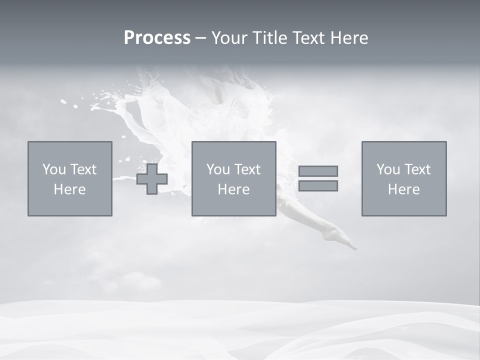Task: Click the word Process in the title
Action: coord(157,38)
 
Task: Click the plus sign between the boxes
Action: coord(152,178)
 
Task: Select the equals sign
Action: coord(318,178)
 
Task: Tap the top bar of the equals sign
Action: coord(318,171)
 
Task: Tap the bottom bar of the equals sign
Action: coord(318,186)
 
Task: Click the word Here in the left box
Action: coord(69,189)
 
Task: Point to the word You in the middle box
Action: coord(218,169)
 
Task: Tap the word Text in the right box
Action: coord(419,169)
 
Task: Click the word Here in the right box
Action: coord(403,189)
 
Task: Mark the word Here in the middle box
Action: coord(233,189)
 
